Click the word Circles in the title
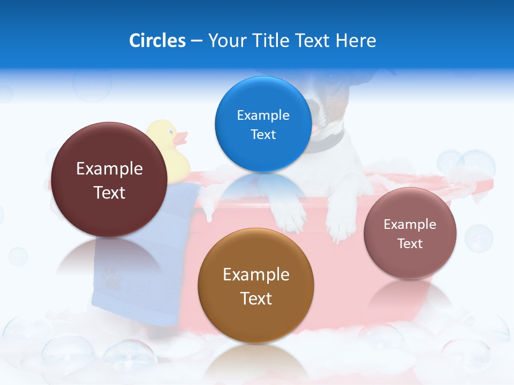[157, 41]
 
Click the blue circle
[263, 124]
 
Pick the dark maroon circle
[109, 180]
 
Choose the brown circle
[256, 286]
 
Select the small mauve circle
[410, 233]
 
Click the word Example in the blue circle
[263, 115]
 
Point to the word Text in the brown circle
[256, 298]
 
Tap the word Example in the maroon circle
[109, 168]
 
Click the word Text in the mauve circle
[410, 244]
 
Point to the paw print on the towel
[111, 278]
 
